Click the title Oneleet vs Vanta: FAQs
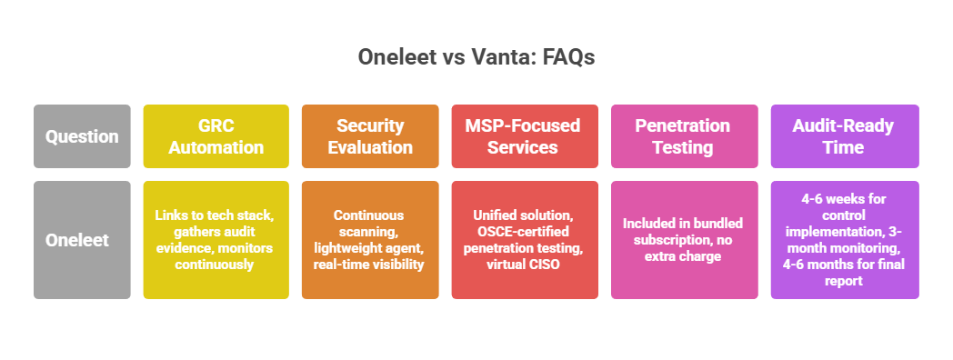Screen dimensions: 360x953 (476, 57)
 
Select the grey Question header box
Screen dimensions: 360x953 (82, 136)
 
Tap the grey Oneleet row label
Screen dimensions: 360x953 (82, 240)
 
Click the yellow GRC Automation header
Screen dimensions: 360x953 (216, 136)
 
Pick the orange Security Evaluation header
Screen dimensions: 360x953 (370, 136)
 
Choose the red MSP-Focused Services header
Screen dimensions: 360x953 (525, 136)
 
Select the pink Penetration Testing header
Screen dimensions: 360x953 (684, 136)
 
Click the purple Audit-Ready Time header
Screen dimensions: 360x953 (845, 136)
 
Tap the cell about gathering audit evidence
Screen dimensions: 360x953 (216, 240)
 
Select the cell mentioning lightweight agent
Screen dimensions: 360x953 (370, 240)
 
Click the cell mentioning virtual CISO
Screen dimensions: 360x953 (525, 240)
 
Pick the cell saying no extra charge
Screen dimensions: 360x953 (684, 240)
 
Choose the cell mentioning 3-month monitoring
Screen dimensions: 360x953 (845, 240)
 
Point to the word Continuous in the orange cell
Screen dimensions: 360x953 (370, 215)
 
